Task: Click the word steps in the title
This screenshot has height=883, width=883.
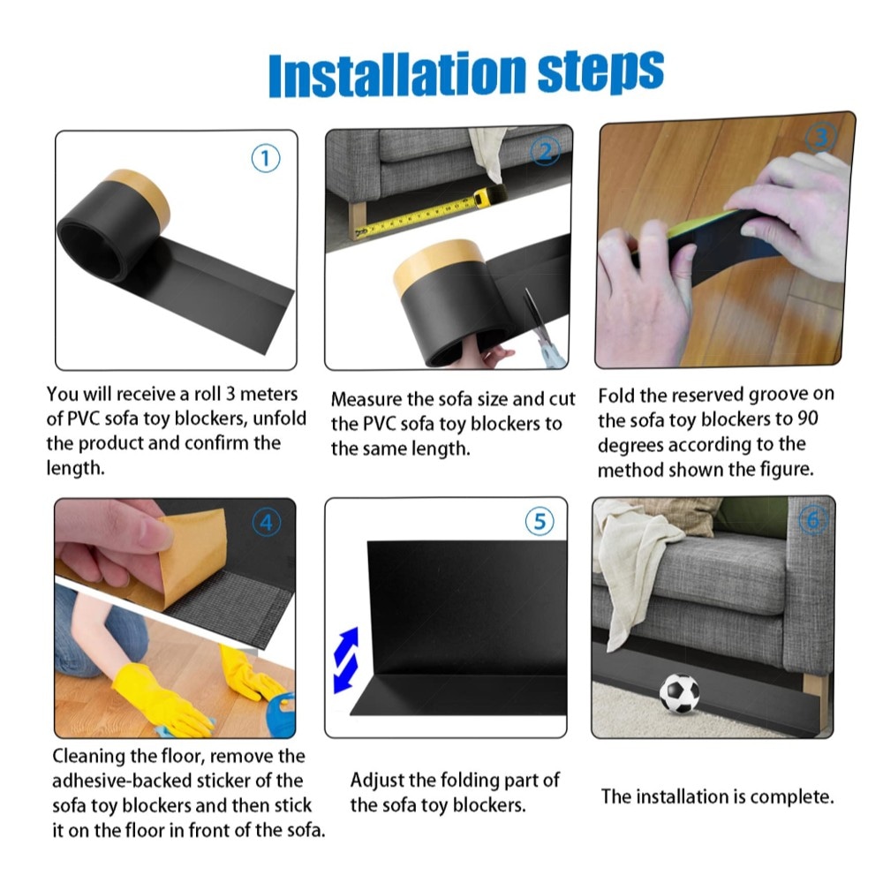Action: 601,72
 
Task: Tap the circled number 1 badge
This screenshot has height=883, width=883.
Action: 265,158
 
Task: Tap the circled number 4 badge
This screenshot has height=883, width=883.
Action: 267,523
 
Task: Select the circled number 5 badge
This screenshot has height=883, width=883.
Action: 540,522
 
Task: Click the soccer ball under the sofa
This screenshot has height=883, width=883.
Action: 680,693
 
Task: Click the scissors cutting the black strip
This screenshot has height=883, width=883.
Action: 541,328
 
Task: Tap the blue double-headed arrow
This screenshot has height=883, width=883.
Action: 346,660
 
